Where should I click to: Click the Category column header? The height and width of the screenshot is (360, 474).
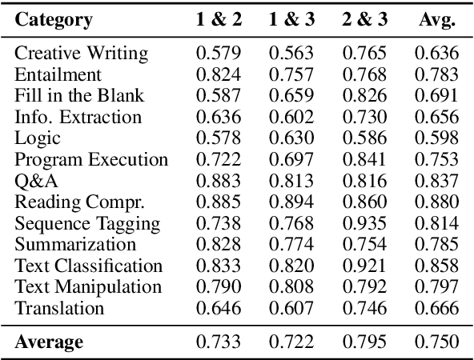pos(52,20)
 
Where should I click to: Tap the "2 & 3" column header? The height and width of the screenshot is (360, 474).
pos(365,20)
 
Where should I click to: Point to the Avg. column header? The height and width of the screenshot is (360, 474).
pos(436,20)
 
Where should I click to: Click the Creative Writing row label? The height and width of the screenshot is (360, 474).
pos(81,54)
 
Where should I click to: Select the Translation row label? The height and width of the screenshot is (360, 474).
pos(59,308)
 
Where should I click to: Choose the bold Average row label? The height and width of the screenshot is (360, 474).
pos(49,343)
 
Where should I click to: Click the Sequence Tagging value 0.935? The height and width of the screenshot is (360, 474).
pos(365,223)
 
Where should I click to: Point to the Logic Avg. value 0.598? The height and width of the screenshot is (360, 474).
pos(436,138)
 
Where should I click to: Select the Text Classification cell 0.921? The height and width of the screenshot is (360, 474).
pos(365,266)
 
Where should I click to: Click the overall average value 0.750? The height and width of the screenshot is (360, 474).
pos(436,343)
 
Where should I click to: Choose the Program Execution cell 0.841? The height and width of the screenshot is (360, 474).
pos(365,160)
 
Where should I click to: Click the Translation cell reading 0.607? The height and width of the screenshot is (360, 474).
pos(291,308)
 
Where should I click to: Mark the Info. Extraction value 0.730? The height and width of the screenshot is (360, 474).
pos(365,118)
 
